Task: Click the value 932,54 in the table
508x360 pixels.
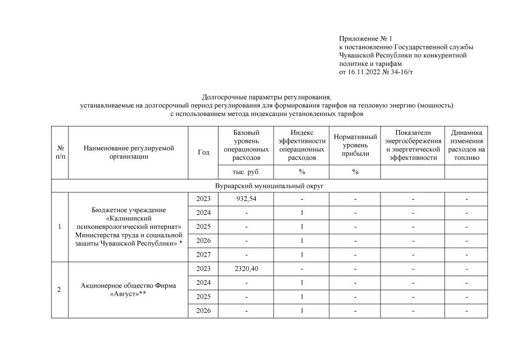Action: [x=246, y=199]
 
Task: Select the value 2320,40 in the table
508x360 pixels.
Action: [x=246, y=269]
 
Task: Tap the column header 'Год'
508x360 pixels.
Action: [x=203, y=152]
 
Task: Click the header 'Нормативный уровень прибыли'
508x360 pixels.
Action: [x=355, y=145]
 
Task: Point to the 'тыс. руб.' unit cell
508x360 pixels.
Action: [x=246, y=172]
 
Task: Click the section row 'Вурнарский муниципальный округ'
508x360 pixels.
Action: [x=270, y=186]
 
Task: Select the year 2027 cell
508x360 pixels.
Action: [x=203, y=255]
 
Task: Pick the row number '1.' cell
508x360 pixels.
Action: [x=60, y=227]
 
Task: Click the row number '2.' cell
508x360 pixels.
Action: [x=60, y=290]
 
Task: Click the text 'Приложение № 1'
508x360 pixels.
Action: [x=365, y=39]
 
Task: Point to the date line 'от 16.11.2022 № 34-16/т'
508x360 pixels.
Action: [x=377, y=73]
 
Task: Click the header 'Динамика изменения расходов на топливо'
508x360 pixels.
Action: [x=466, y=145]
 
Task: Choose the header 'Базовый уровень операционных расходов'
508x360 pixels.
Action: [x=246, y=145]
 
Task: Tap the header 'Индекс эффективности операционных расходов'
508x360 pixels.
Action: [x=302, y=145]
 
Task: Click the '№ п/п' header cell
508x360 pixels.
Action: [x=60, y=152]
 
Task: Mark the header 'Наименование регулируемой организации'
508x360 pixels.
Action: [x=129, y=152]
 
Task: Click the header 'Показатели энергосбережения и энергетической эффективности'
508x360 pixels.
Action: [x=412, y=145]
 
